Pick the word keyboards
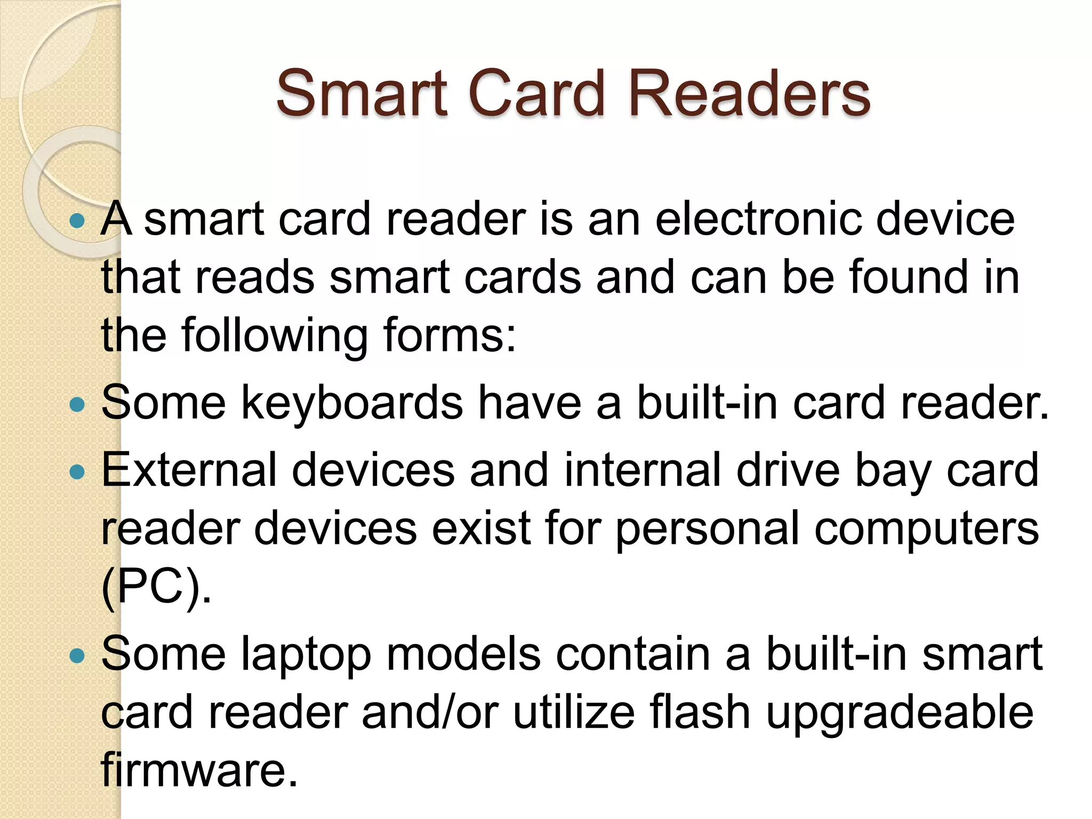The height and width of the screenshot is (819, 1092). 352,403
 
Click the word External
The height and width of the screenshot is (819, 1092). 189,470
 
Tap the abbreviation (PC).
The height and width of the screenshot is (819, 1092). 156,587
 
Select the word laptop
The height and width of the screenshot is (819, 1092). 306,655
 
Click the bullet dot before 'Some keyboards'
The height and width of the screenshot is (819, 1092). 78,405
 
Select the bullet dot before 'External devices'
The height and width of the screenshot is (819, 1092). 78,471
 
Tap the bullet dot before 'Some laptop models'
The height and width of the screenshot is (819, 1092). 78,655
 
